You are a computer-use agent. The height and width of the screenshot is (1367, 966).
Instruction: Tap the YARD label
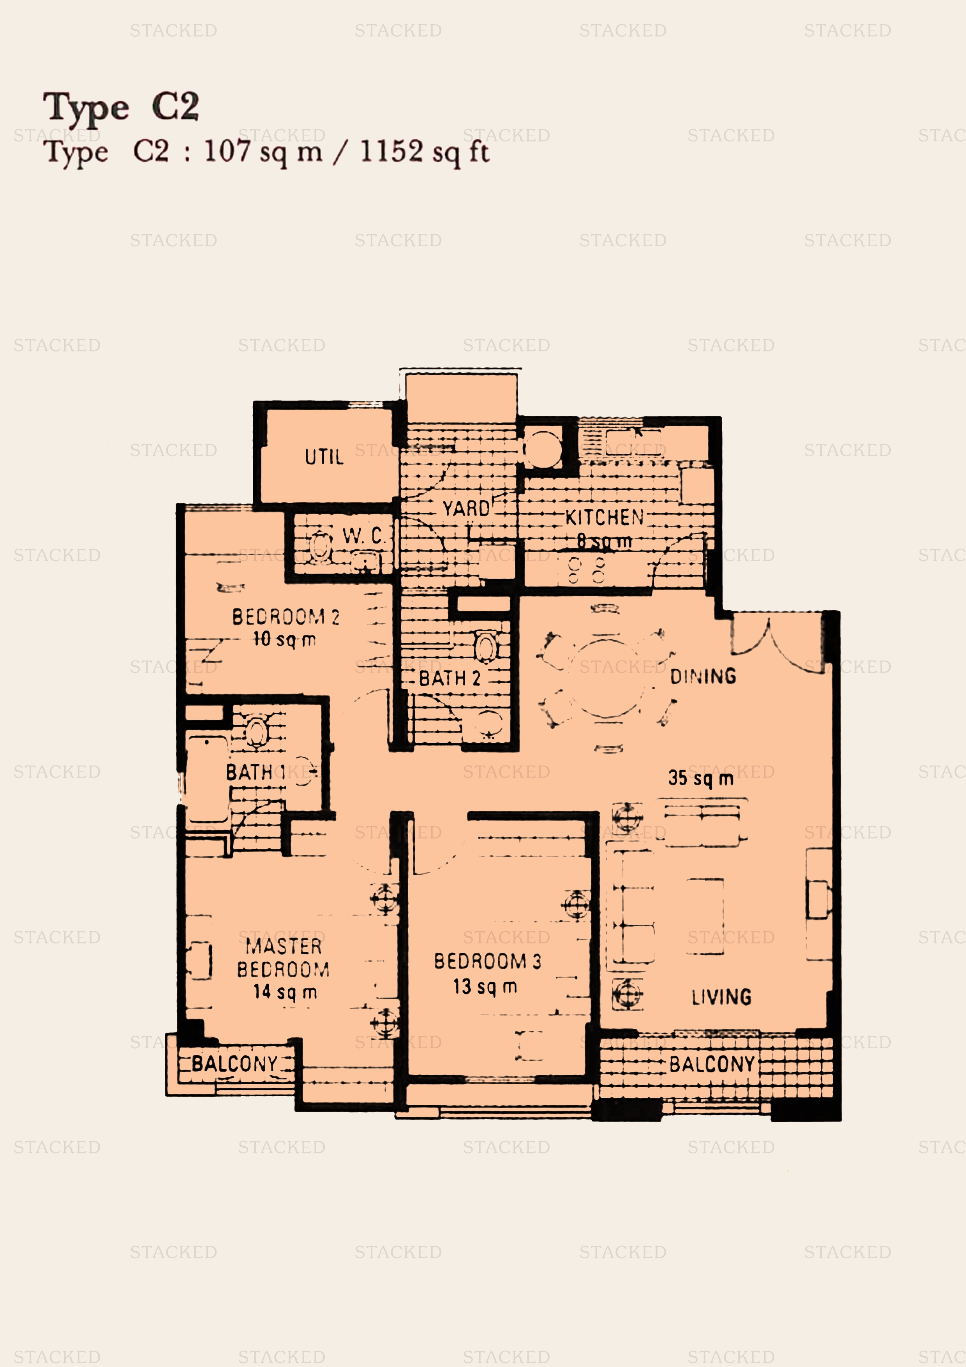(465, 509)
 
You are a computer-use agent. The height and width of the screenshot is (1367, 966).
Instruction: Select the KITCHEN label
(604, 517)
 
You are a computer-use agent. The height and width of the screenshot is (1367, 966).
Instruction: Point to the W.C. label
(364, 536)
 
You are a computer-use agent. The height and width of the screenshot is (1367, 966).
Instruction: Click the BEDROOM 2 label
(286, 617)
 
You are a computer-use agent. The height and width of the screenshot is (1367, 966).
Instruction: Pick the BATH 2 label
(450, 678)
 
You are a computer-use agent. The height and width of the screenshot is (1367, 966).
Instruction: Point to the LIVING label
(721, 997)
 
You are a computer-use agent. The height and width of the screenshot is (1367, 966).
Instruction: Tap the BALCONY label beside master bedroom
(234, 1064)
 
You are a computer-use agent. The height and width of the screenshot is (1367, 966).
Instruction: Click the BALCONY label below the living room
(712, 1064)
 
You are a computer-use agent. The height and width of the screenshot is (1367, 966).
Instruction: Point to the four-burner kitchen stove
(586, 569)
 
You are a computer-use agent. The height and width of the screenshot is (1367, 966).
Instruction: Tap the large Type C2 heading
(121, 107)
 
